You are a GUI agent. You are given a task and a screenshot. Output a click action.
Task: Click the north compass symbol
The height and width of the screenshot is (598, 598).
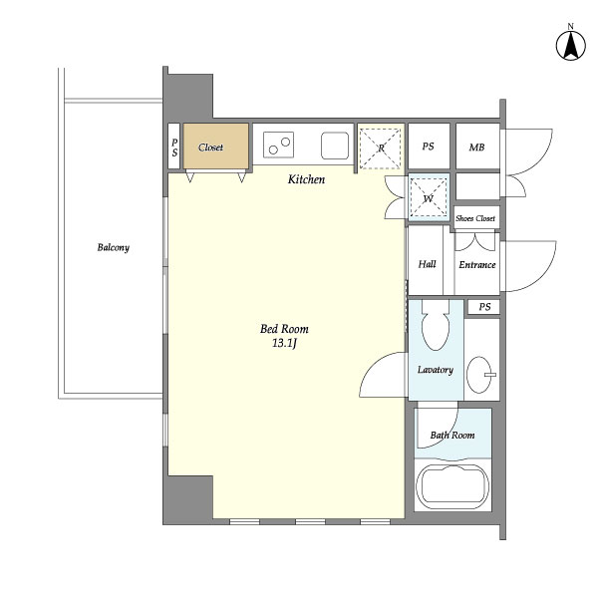(x=570, y=44)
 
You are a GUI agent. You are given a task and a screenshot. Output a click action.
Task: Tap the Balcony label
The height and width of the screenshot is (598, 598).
(x=113, y=247)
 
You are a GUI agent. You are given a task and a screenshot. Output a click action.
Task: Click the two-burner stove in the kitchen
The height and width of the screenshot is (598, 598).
(x=279, y=147)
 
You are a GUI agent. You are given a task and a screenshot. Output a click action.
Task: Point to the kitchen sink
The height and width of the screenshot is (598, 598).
(x=334, y=147)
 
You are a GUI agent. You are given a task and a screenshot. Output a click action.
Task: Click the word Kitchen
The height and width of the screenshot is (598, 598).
(x=306, y=179)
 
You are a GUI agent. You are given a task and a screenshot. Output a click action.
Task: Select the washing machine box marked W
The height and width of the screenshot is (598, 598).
(x=428, y=196)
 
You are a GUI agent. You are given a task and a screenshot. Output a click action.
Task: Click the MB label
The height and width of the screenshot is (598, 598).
(x=476, y=147)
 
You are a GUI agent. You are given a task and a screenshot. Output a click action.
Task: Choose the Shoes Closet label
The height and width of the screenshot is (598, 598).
(x=475, y=218)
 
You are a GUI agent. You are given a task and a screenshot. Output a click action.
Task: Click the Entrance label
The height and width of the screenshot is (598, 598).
(x=476, y=264)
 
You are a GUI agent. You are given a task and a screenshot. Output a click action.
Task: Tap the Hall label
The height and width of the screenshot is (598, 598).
(x=428, y=264)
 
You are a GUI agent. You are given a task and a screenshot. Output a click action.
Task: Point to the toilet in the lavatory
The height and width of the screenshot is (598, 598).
(x=436, y=325)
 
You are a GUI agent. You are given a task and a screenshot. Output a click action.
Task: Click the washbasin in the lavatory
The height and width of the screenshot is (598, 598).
(x=482, y=376)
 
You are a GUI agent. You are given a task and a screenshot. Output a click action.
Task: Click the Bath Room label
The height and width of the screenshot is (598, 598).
(x=452, y=436)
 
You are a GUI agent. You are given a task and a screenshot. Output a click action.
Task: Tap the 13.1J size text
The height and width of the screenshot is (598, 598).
(x=285, y=344)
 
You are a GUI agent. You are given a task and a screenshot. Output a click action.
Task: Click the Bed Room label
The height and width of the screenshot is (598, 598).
(x=284, y=329)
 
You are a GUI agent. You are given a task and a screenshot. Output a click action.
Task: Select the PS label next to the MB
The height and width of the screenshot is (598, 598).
(x=428, y=147)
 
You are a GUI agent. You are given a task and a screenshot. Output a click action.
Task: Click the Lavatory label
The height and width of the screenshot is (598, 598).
(x=435, y=370)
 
